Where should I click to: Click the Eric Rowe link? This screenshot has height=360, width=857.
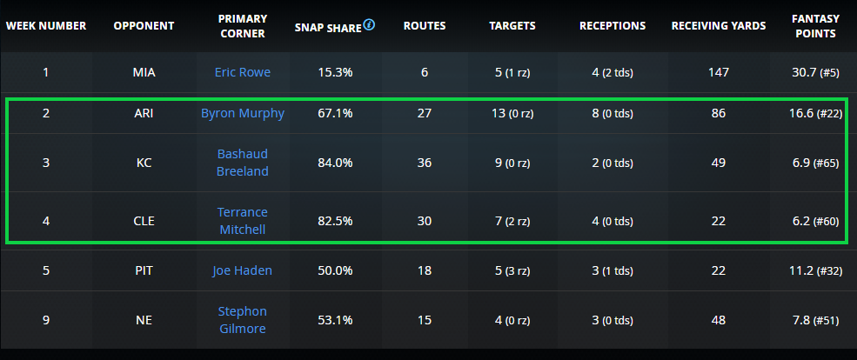(243, 72)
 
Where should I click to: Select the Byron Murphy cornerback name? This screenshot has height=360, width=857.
(243, 113)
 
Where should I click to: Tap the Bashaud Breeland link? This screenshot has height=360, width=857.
(243, 163)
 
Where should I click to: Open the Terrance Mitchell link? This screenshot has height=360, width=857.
(243, 221)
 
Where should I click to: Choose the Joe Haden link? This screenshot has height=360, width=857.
(243, 270)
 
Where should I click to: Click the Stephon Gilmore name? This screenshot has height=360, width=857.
(243, 320)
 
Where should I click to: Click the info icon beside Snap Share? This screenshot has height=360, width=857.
(370, 24)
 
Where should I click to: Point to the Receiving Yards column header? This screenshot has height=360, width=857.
(719, 25)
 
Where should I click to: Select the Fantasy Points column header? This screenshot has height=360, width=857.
(815, 25)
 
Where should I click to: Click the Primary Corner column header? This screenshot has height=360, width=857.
(243, 25)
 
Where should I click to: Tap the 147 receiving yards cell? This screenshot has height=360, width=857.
(719, 72)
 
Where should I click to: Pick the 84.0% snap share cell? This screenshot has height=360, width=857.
(335, 163)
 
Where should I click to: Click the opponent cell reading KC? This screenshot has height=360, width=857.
(144, 163)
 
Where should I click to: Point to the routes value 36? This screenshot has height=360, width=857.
(425, 163)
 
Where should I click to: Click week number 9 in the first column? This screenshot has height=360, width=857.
(46, 320)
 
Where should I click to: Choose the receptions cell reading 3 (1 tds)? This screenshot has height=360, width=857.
(613, 270)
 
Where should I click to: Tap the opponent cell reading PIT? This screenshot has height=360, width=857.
(144, 270)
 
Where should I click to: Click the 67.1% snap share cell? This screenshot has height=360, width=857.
(335, 113)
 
